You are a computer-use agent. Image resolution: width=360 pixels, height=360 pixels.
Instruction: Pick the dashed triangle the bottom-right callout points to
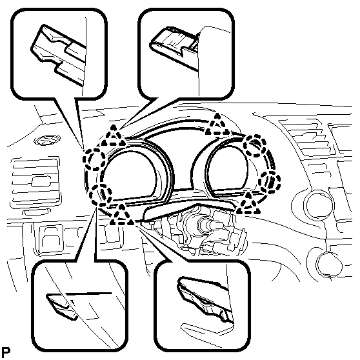(121, 215)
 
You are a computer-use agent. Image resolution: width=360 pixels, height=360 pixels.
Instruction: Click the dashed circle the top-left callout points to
(94, 159)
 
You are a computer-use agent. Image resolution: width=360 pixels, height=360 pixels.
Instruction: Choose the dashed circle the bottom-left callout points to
(101, 195)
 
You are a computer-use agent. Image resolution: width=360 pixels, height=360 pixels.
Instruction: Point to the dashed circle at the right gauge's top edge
(254, 146)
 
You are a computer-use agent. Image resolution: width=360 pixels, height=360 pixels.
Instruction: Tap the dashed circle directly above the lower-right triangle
(269, 181)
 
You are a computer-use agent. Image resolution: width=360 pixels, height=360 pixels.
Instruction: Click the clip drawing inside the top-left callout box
(59, 54)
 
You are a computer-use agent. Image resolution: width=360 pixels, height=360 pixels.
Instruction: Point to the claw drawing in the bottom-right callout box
(206, 299)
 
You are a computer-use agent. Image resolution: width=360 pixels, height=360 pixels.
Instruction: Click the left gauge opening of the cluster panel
(128, 174)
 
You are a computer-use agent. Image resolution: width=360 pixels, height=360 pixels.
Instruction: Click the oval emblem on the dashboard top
(47, 140)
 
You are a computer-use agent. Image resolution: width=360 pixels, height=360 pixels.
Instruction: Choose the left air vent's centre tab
(41, 181)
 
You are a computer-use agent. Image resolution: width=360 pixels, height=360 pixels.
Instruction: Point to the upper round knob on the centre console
(318, 204)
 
